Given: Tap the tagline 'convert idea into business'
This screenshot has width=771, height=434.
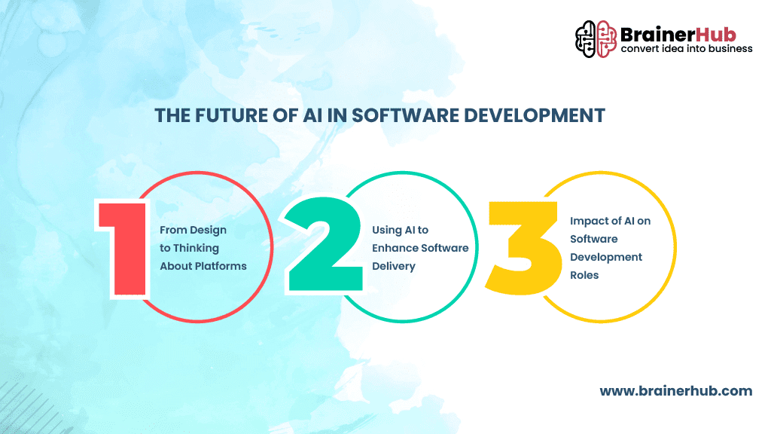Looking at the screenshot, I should pyautogui.click(x=686, y=49).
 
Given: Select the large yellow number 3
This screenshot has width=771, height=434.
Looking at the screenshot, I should pyautogui.click(x=524, y=246).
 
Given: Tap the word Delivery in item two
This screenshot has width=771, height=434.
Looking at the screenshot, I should pyautogui.click(x=393, y=266).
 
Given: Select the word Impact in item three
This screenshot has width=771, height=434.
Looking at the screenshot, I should pyautogui.click(x=587, y=221).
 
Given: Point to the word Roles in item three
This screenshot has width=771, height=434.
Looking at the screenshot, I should pyautogui.click(x=584, y=275).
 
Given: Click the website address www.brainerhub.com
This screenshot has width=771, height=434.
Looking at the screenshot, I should pyautogui.click(x=675, y=390).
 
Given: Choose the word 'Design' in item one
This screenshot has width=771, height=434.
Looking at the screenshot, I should pyautogui.click(x=209, y=230).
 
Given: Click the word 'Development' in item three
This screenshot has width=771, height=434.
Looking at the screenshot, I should pyautogui.click(x=606, y=257).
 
